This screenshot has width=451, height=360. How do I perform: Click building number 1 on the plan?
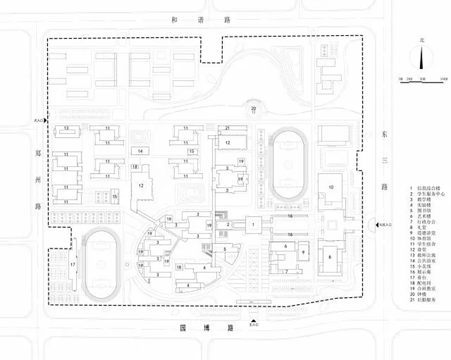(254, 225)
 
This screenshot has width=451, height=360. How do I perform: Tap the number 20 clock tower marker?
(253, 109)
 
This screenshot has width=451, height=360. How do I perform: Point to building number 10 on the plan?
(331, 187)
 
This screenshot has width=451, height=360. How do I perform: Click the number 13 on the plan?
(67, 128)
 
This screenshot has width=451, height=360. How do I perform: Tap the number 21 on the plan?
(227, 128)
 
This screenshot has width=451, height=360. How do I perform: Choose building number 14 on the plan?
(140, 151)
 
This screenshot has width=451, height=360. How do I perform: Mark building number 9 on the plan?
(303, 252)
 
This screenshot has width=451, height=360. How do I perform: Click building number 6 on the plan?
(285, 246)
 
